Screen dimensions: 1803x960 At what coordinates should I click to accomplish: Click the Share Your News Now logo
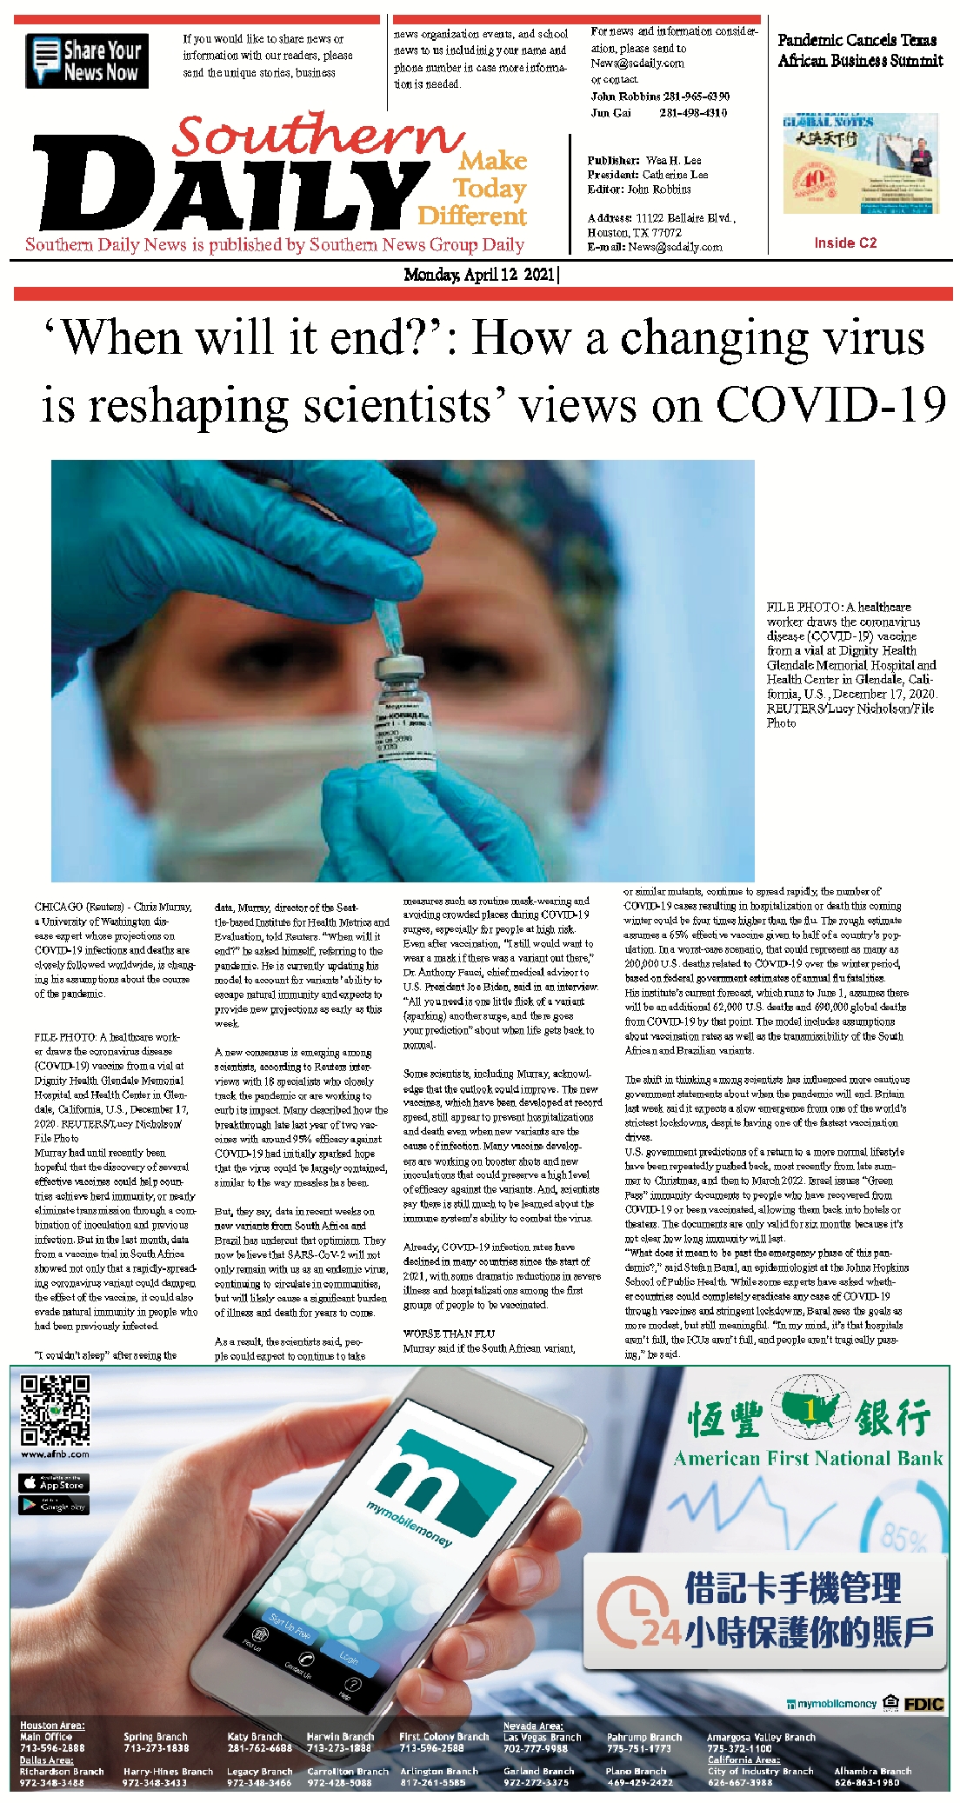point(87,61)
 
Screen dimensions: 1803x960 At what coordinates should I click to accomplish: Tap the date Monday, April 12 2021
point(479,275)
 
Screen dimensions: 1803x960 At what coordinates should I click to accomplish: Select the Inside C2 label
point(845,243)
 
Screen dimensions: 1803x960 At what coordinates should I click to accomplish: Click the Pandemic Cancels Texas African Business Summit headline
point(859,50)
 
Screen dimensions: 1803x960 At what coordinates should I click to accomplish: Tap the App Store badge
point(54,1483)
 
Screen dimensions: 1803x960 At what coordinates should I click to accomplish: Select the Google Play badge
point(54,1505)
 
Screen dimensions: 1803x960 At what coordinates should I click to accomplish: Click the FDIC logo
point(923,1704)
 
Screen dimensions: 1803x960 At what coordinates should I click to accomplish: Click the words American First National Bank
point(808,1458)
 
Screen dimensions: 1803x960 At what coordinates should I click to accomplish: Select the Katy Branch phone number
point(259,1747)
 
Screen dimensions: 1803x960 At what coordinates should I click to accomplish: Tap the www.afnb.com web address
point(55,1454)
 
